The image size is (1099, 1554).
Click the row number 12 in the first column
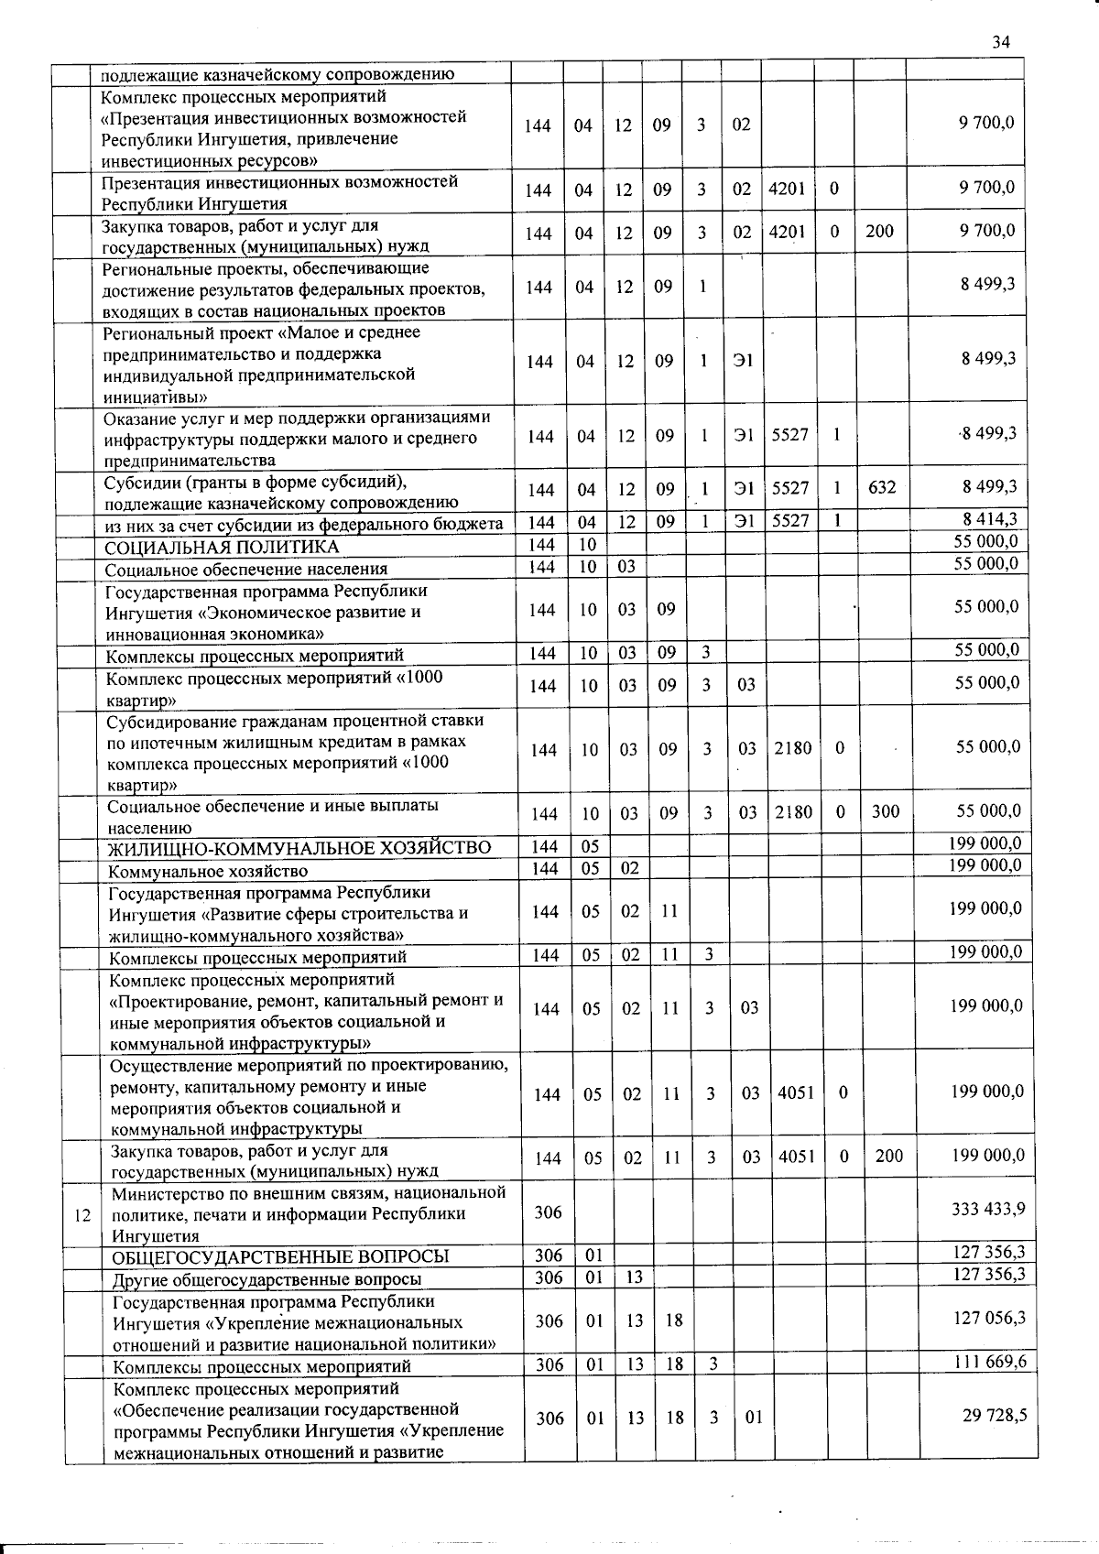pyautogui.click(x=82, y=1215)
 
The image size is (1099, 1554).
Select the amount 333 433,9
pyautogui.click(x=988, y=1209)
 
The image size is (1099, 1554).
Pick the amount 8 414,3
pyautogui.click(x=988, y=520)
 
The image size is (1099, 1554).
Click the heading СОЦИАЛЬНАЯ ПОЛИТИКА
pyautogui.click(x=222, y=548)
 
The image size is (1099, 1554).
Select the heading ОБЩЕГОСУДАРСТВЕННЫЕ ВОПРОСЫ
pyautogui.click(x=281, y=1256)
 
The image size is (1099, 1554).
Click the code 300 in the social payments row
pyautogui.click(x=885, y=811)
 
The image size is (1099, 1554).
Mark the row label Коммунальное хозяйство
pyautogui.click(x=208, y=871)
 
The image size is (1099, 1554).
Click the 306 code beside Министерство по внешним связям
pyautogui.click(x=548, y=1212)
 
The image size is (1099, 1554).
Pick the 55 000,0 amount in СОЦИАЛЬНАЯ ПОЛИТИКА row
pyautogui.click(x=985, y=542)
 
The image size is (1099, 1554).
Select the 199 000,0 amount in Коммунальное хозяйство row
pyautogui.click(x=985, y=865)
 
